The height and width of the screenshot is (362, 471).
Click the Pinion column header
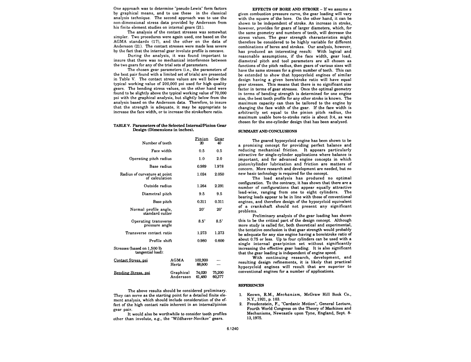pos(202,139)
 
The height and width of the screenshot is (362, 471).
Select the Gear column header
pos(219,139)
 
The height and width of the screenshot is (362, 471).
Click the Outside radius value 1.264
pos(202,186)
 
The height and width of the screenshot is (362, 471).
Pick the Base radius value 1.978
pos(219,167)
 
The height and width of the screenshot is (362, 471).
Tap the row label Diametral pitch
pos(157,194)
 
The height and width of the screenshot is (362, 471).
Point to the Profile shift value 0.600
pos(219,241)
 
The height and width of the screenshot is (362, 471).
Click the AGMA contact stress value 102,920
pos(201,260)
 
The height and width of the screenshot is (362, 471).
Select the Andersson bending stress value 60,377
pos(218,277)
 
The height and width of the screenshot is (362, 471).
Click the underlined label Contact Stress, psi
pos(131,260)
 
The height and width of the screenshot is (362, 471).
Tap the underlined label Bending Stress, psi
pos(132,273)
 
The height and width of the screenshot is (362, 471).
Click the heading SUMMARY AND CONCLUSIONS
pos(268,131)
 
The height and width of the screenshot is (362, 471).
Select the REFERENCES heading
pos(251,285)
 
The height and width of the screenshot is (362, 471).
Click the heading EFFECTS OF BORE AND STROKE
pos(286,9)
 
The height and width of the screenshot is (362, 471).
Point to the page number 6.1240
pos(233,329)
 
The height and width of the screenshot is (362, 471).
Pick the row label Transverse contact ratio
pos(149,233)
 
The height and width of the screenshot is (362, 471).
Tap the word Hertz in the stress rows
pos(176,265)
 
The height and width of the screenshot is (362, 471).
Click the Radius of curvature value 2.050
pos(219,174)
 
